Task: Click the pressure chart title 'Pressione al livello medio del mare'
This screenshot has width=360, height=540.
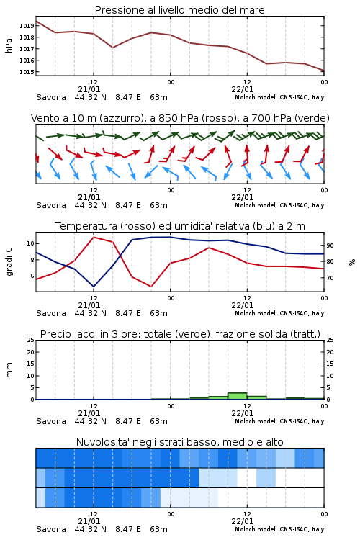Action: tap(179, 10)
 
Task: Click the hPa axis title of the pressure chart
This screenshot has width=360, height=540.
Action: tap(9, 45)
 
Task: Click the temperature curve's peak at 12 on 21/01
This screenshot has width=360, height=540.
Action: tap(94, 238)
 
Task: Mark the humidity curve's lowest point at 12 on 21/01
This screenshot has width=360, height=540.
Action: tap(94, 287)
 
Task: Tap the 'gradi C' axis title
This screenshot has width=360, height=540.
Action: tap(9, 261)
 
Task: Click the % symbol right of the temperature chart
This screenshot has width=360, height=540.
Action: tap(352, 262)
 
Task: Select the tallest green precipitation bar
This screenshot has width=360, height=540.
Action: tap(238, 396)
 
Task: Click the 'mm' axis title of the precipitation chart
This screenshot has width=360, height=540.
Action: tap(9, 370)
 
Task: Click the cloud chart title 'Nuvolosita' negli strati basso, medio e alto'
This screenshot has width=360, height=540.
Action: tap(179, 442)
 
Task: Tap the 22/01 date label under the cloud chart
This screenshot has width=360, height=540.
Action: tap(243, 521)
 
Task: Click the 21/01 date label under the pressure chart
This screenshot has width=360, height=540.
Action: tap(89, 89)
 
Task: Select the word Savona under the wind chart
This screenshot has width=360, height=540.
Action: tap(51, 205)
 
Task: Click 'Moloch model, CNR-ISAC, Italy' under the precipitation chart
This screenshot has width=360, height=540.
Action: tap(279, 421)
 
